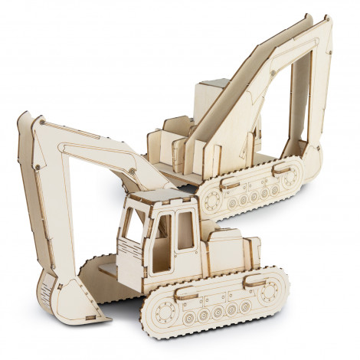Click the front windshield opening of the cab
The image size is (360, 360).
134,227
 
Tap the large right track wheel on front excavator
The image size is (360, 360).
269,291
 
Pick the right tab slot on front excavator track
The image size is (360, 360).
254,279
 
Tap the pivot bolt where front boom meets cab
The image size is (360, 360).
133,169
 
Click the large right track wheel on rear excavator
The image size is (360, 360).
290,178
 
